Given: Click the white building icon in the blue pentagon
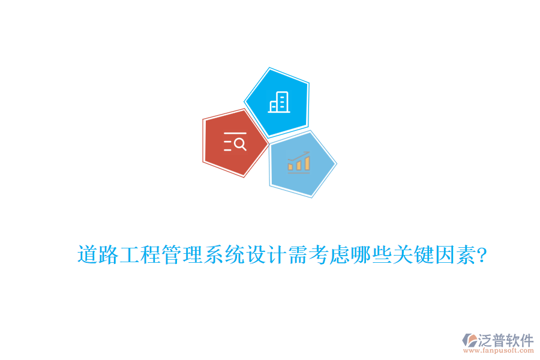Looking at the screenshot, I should coord(279,102).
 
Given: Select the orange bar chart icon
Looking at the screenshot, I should coord(299,163).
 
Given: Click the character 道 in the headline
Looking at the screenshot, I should coord(88,255).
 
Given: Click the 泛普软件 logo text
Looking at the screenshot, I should coord(506,340).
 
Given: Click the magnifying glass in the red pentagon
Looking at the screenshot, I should coord(239,143).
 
